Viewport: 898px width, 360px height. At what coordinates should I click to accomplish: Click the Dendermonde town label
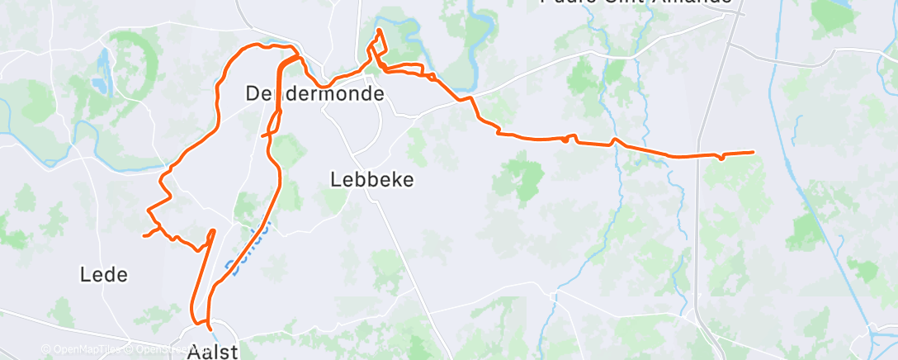314,94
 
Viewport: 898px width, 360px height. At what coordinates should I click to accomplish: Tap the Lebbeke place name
371,179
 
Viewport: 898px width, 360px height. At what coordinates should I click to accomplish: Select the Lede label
105,274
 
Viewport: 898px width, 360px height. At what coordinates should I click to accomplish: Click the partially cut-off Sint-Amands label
636,3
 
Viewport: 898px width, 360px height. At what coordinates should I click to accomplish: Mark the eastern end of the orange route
753,152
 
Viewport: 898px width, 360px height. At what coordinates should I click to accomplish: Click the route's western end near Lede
144,236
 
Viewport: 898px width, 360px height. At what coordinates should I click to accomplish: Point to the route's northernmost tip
379,31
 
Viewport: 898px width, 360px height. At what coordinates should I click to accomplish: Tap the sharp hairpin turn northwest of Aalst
213,231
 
